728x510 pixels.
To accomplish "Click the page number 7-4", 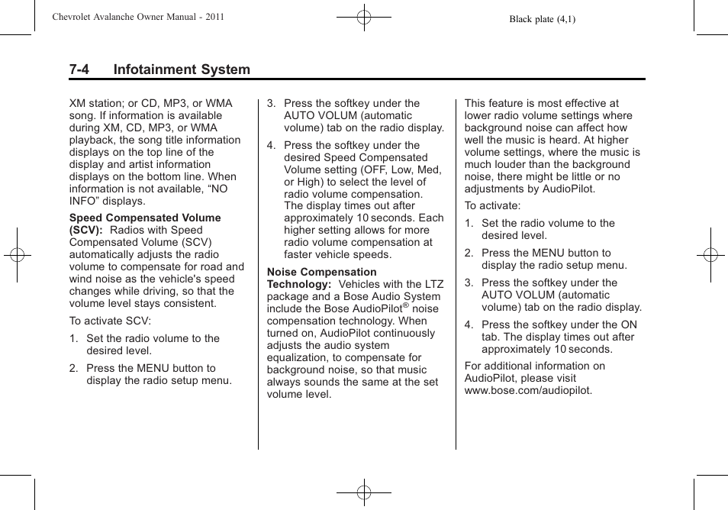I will (79, 69).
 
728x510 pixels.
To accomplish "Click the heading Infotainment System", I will (182, 69).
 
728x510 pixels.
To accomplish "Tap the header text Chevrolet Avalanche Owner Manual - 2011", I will (138, 16).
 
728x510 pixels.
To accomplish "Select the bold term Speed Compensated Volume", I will (145, 218).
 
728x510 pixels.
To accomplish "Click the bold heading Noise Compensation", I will (321, 272).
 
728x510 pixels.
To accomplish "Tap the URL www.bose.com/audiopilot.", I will (528, 390).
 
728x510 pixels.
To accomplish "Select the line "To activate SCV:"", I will (110, 321).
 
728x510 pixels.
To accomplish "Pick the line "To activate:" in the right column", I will (492, 205).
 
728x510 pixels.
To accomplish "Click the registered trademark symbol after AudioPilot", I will (406, 305).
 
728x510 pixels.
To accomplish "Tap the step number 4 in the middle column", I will (270, 145).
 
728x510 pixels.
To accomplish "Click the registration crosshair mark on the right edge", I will (710, 255).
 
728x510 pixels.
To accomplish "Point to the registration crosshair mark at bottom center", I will (364, 493).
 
